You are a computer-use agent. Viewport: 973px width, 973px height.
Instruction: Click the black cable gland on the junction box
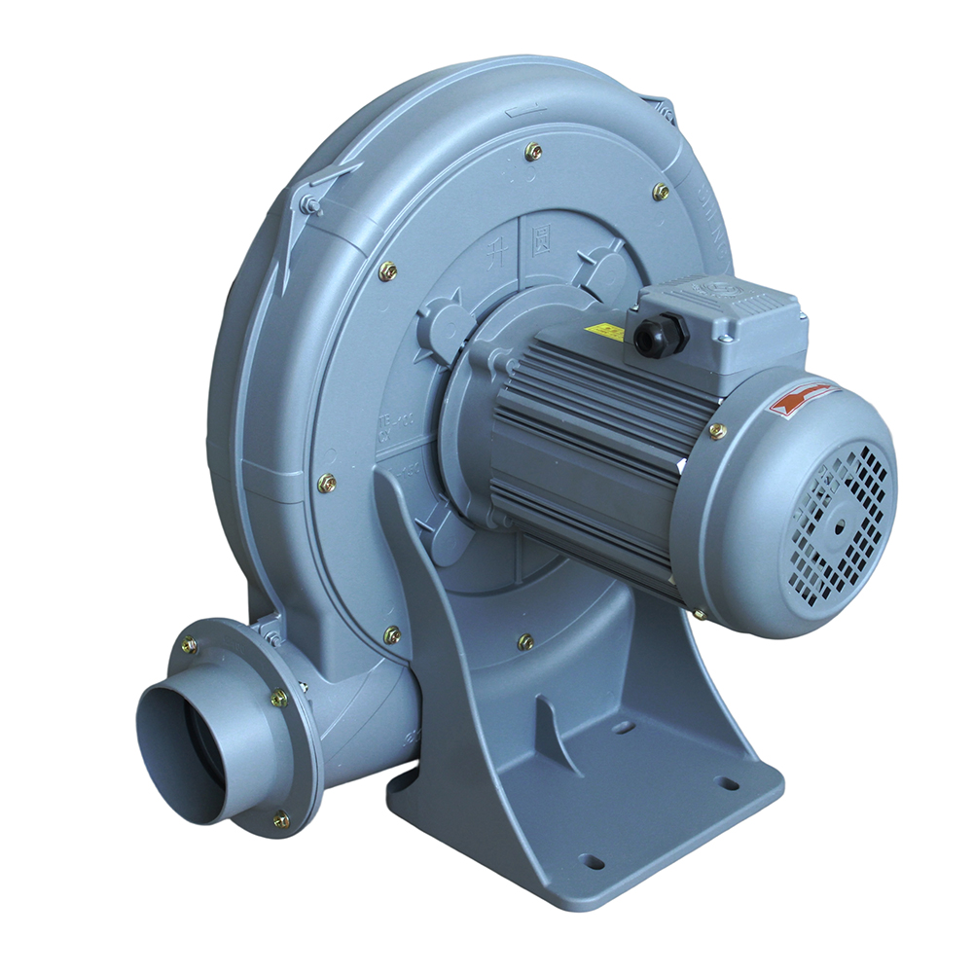click(x=661, y=336)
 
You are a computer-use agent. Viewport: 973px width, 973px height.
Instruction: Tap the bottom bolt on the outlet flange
click(x=281, y=821)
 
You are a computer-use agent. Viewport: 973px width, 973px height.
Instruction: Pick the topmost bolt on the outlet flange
click(x=189, y=643)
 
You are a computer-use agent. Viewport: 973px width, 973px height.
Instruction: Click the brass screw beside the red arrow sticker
click(x=717, y=431)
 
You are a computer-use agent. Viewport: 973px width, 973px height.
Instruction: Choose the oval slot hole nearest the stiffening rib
click(x=623, y=726)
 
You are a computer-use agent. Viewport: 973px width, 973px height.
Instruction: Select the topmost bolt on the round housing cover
click(x=533, y=151)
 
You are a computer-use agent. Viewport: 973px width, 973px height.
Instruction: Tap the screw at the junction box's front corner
click(x=725, y=338)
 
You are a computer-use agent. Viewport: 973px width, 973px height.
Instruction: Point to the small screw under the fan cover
click(x=698, y=615)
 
